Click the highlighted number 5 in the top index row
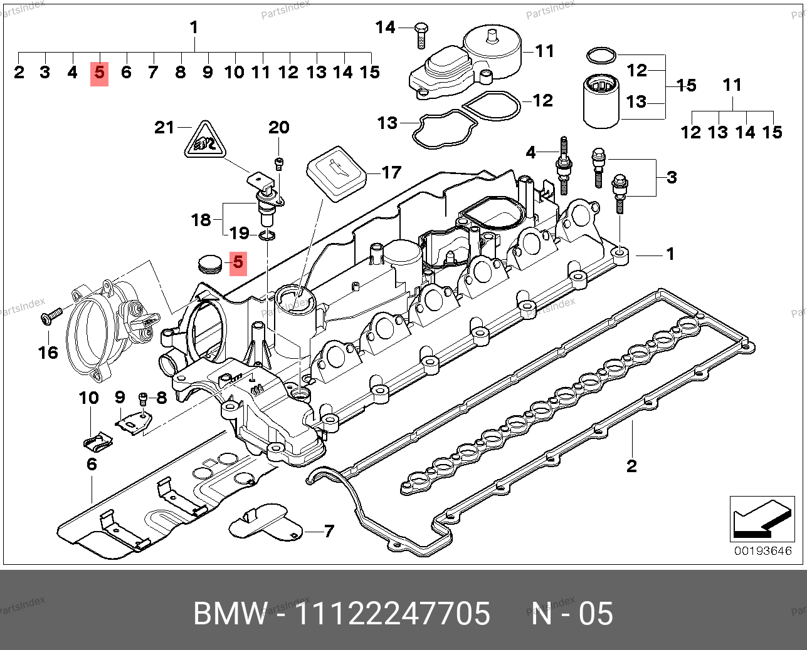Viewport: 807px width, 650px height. [99, 73]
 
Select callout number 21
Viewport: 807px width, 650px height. [164, 128]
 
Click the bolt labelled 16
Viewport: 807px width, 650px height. [50, 315]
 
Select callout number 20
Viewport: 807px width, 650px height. [278, 128]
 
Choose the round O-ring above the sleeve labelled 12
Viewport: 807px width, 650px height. [601, 56]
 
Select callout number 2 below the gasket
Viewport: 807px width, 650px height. [631, 465]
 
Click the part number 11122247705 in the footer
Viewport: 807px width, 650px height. [393, 614]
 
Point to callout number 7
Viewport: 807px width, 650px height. [329, 532]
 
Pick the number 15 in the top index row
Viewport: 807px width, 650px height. [370, 73]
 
